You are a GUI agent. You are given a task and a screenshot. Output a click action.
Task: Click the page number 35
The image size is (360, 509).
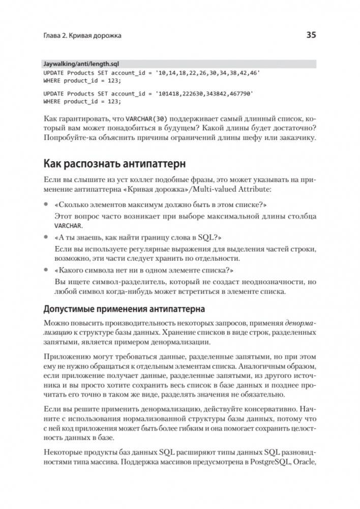[x=311, y=35]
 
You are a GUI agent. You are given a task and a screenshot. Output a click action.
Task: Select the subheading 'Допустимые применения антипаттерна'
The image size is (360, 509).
[x=124, y=309]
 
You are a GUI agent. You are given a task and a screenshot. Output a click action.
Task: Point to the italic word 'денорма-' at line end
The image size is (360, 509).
[x=301, y=323]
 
